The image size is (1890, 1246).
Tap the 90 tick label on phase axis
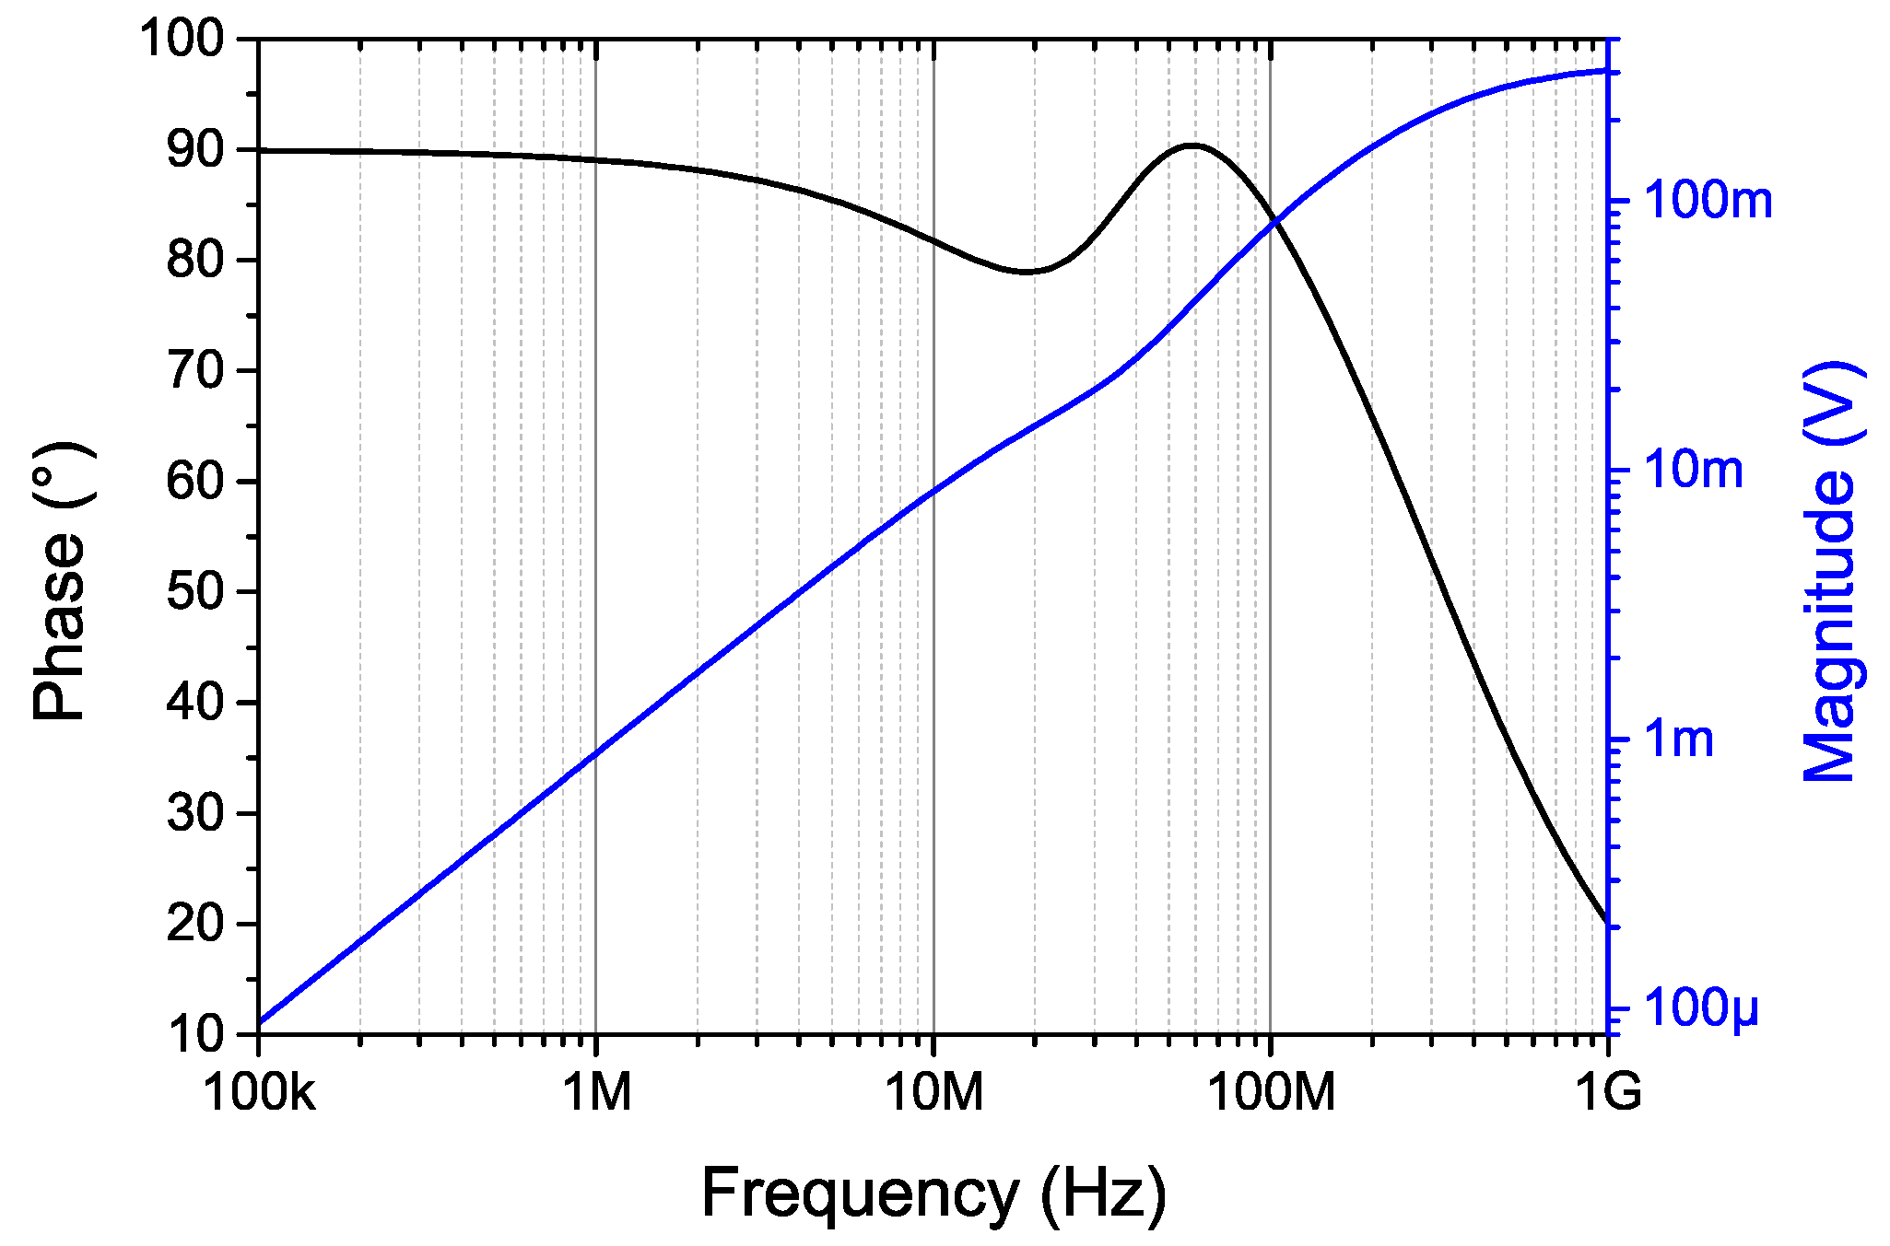196,150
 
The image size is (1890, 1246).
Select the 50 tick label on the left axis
196,592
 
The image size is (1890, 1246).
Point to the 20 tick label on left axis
196,924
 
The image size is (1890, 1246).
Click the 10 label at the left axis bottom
196,1034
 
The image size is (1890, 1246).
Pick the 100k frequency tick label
259,1093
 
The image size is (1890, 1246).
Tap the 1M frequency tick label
597,1093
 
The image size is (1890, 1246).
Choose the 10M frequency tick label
933,1093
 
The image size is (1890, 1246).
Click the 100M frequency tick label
1271,1093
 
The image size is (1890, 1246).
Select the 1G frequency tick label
1608,1093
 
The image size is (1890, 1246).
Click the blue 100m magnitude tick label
1708,200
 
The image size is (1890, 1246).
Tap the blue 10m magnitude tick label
1694,470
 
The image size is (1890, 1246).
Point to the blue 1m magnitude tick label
1679,739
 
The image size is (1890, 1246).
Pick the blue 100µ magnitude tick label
1701,1007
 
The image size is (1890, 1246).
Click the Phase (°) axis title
60,582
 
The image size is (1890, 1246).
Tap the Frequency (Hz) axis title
933,1194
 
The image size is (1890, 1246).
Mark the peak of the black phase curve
1192,146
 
